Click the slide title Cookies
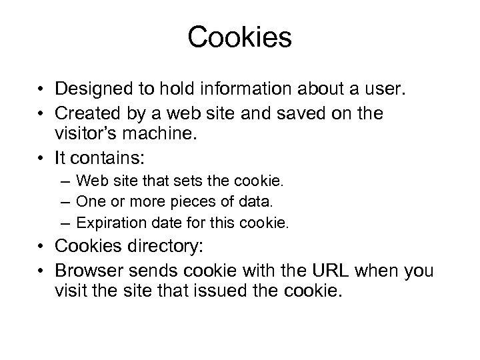coord(240,38)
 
